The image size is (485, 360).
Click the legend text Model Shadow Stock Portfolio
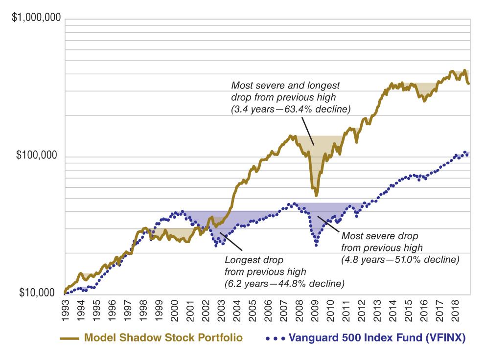163,338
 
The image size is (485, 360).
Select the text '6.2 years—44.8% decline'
284,283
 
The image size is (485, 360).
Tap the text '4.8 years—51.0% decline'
400,259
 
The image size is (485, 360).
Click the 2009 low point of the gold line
316,195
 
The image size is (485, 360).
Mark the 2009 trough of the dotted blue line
316,244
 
